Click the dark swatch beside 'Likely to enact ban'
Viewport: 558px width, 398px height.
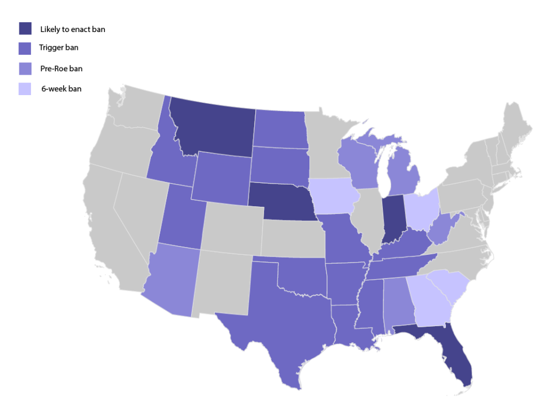coord(25,29)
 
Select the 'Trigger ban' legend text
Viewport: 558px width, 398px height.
coord(59,48)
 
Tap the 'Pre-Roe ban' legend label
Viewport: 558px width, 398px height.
coord(61,69)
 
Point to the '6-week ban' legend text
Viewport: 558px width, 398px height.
coord(61,88)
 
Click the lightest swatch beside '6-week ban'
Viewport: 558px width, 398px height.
coord(25,88)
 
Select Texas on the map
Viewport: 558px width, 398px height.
coord(282,321)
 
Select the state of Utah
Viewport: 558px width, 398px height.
coord(180,216)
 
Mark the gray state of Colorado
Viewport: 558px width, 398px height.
coord(232,227)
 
